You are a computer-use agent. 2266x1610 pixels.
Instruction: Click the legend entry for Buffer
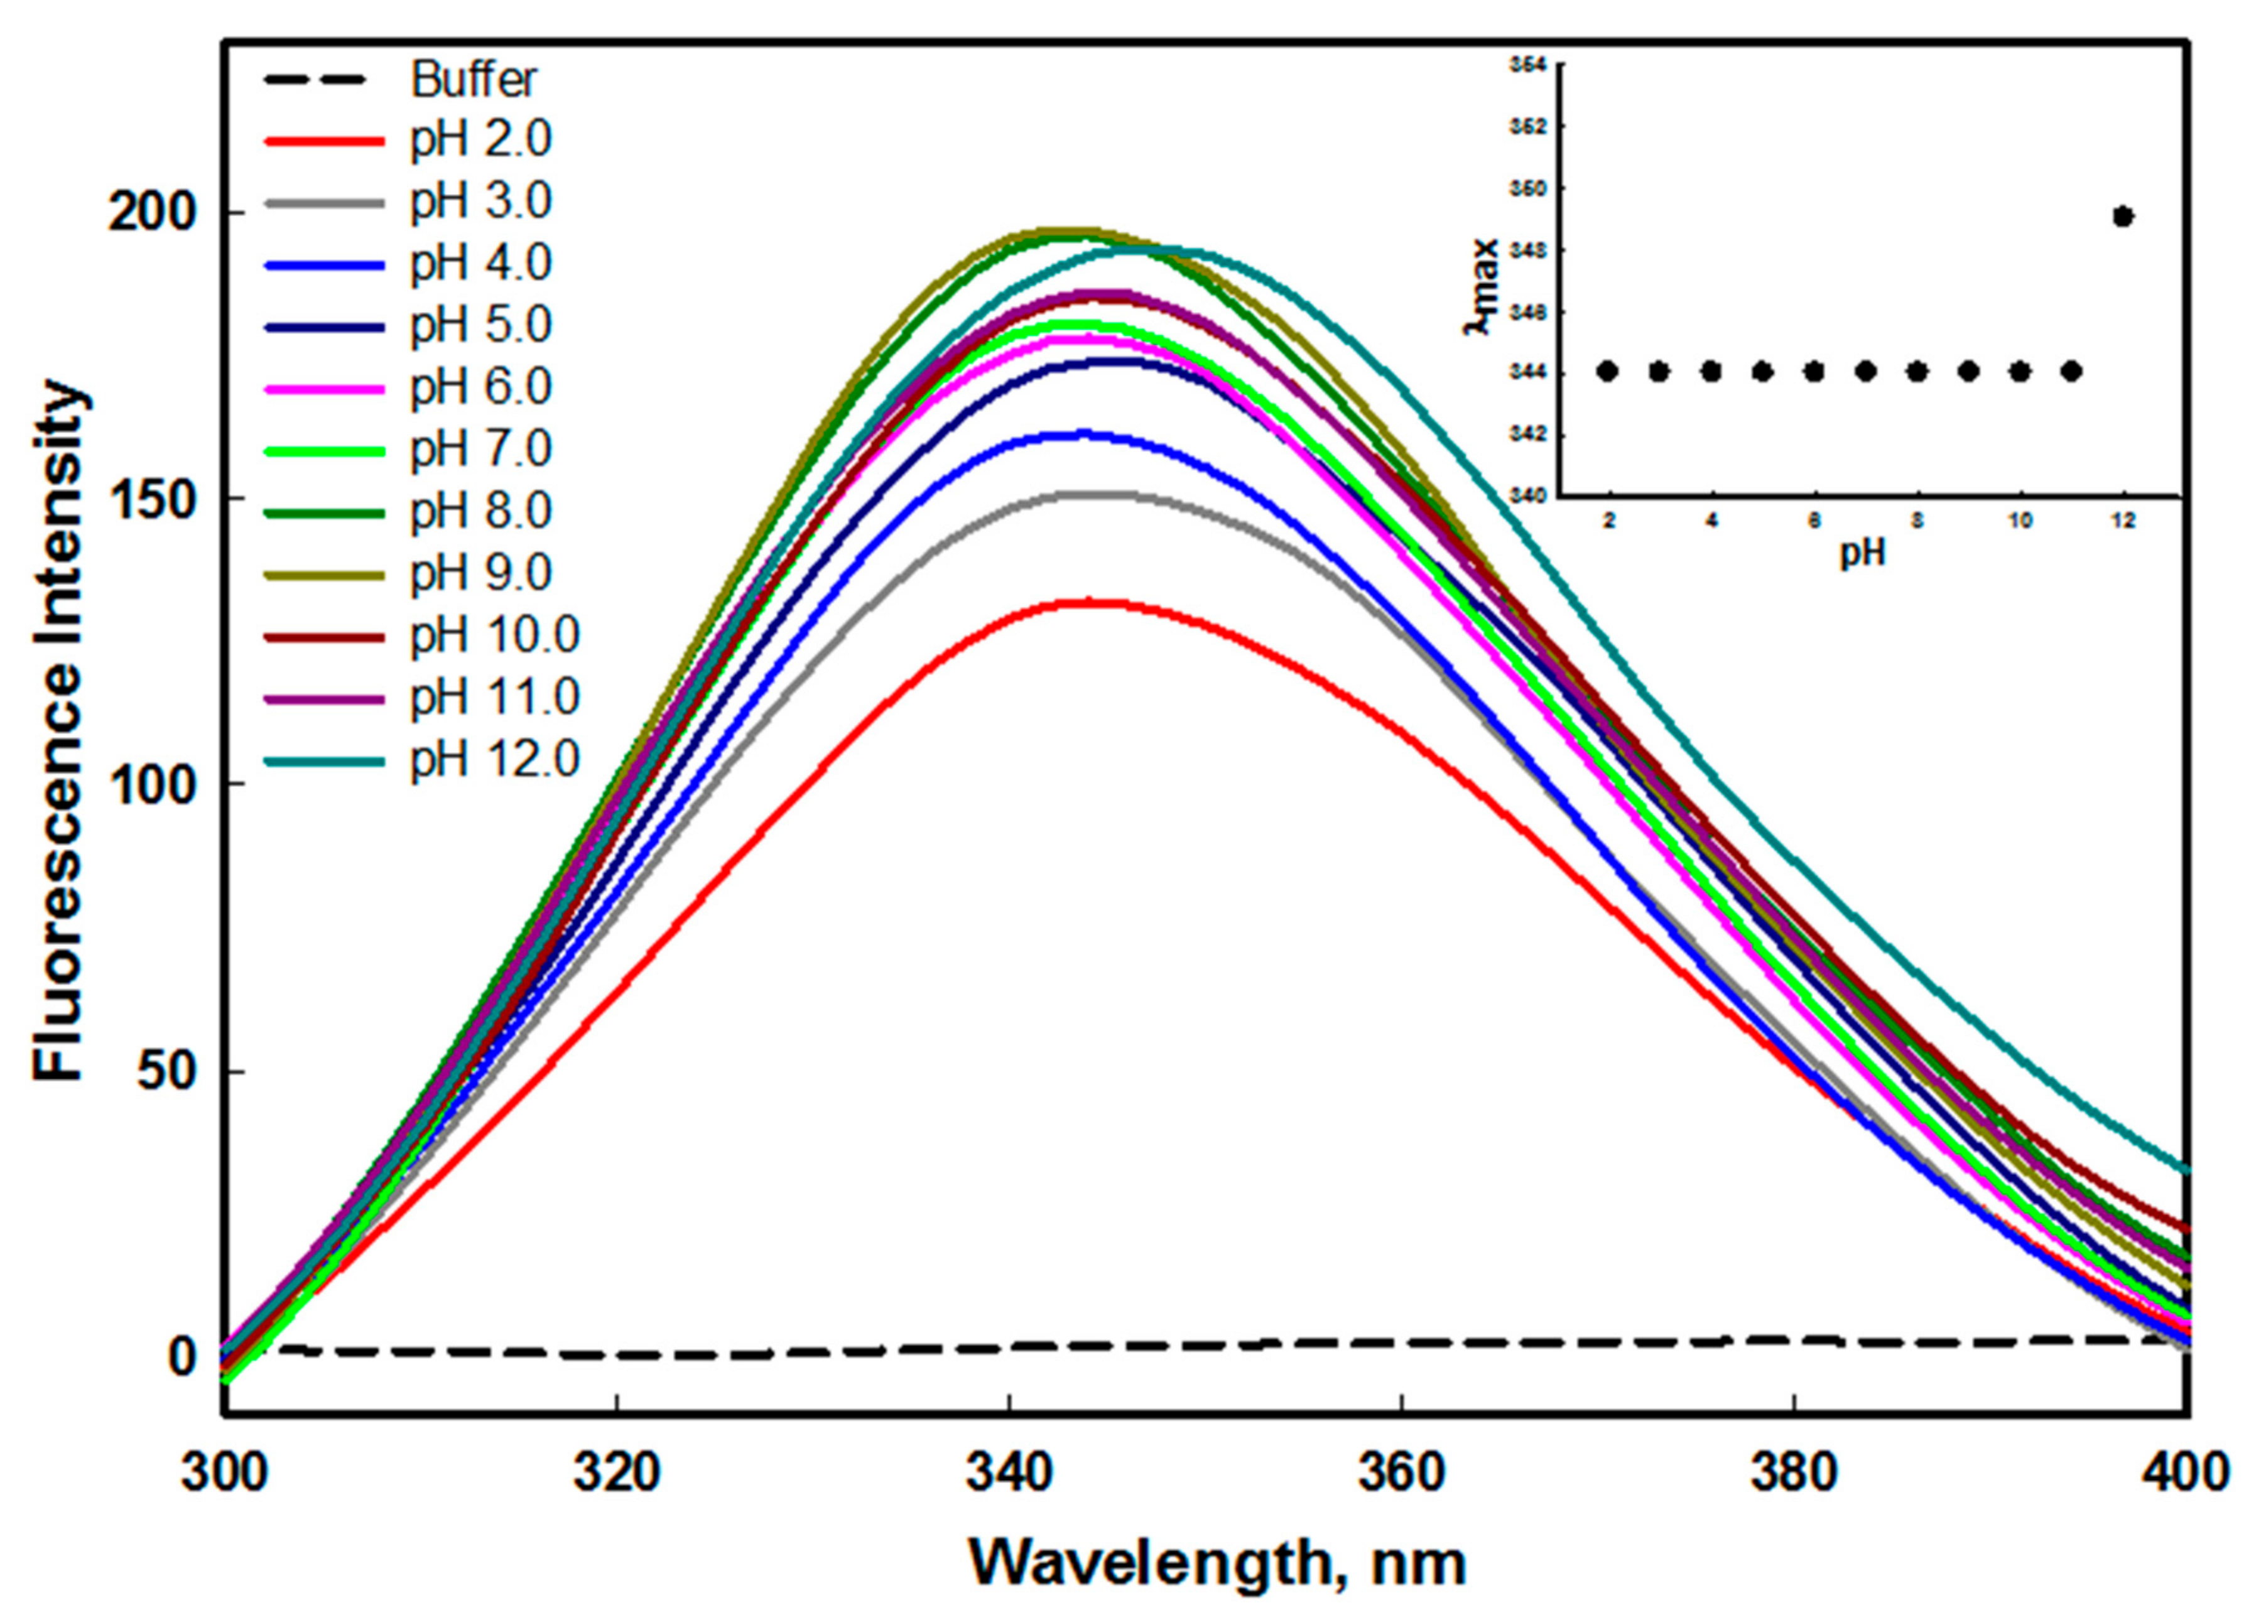coord(474,79)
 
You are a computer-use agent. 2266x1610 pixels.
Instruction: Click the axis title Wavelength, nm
coord(1216,1564)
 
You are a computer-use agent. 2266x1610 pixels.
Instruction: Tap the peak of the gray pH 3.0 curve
coord(1087,493)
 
